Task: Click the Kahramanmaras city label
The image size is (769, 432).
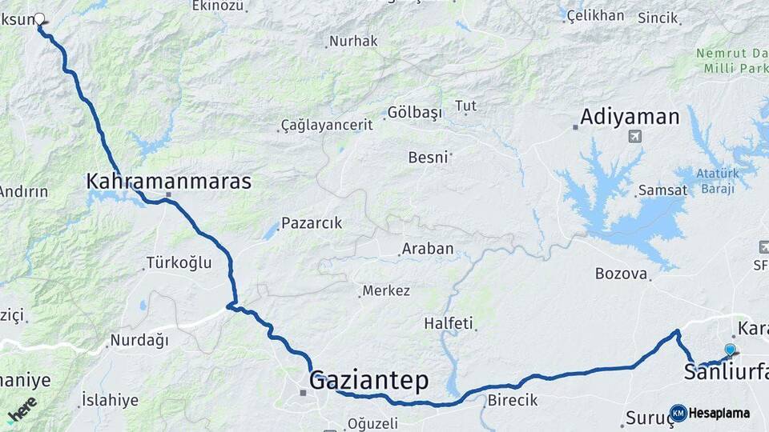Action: coord(168,182)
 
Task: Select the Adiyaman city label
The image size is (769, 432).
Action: coord(630,117)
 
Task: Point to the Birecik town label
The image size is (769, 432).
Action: coord(512,400)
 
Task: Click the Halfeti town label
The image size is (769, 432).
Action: coord(449,323)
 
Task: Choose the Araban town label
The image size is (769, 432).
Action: coord(428,249)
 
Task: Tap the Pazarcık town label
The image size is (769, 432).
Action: coord(312,223)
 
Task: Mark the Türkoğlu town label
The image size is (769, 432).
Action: coord(179,262)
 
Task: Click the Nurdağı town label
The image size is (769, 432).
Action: coord(139,340)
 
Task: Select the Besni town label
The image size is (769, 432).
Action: coord(428,157)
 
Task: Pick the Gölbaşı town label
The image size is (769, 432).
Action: coord(414,112)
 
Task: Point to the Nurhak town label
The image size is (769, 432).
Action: coord(353,41)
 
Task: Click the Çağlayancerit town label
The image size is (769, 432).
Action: coord(327,125)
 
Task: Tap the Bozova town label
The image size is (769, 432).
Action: coord(621,274)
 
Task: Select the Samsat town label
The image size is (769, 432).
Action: coord(662,190)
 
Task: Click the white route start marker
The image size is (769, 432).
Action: coord(39,18)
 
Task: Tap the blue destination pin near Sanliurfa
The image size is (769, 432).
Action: coord(730,350)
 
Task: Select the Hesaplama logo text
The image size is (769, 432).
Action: coord(719,413)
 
